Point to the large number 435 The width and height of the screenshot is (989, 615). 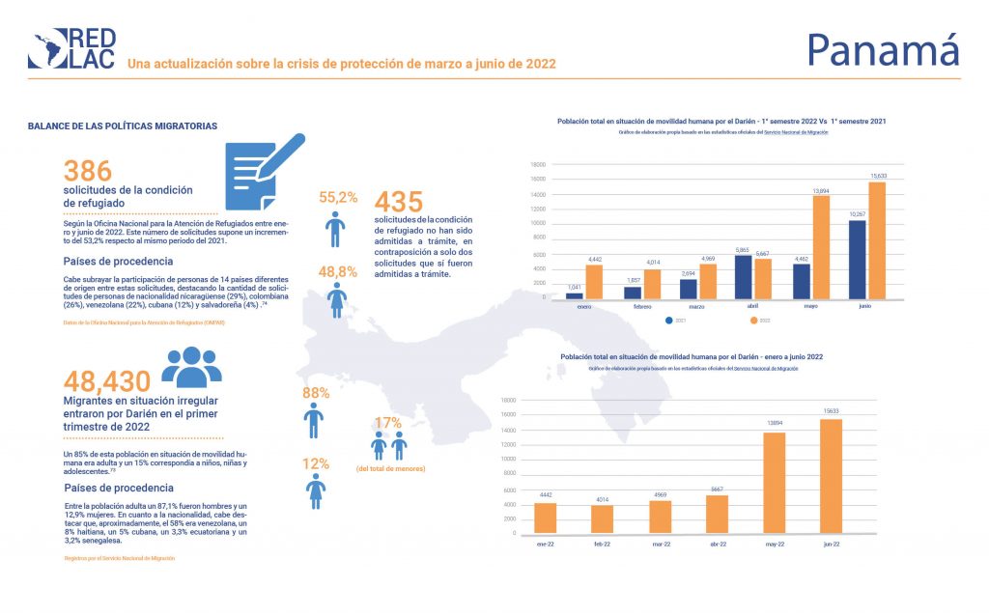pos(398,203)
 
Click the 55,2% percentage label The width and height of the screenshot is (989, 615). pos(338,197)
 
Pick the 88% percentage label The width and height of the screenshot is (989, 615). pos(316,393)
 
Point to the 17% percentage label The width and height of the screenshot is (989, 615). pos(387,422)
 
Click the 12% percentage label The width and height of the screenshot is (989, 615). pos(316,463)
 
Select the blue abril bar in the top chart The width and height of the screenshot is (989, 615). pos(743,276)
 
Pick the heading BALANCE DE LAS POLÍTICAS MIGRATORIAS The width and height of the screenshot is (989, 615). pos(123,126)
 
